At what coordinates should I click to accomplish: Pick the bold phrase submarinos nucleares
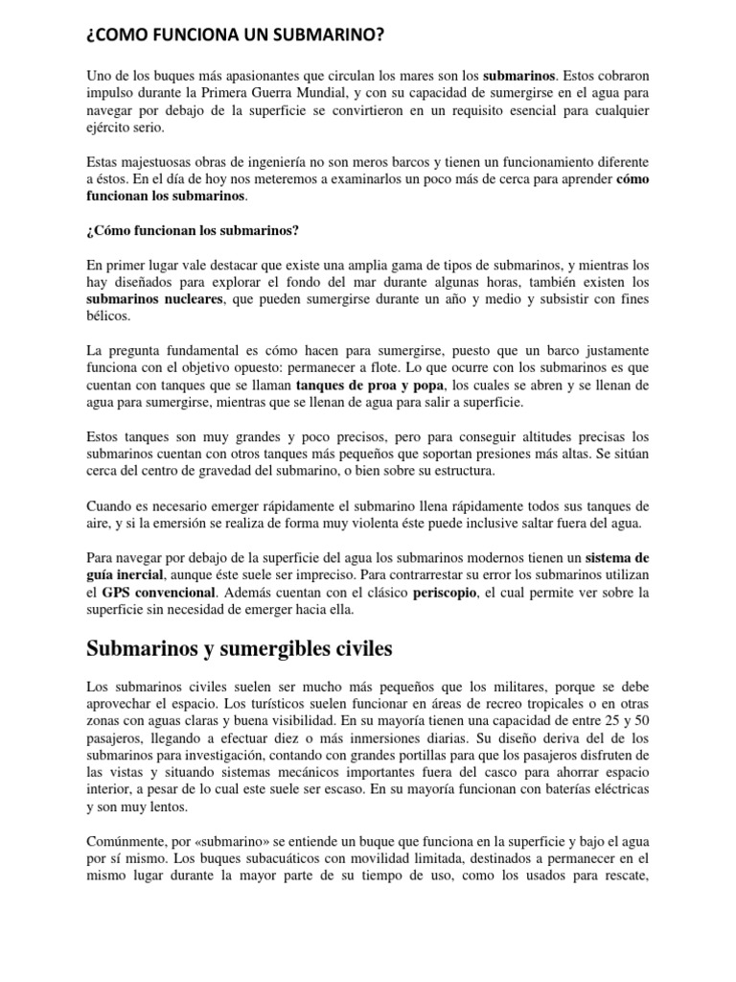click(x=155, y=300)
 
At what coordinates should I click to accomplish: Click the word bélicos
click(x=108, y=317)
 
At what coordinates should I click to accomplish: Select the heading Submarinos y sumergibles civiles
click(x=240, y=650)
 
